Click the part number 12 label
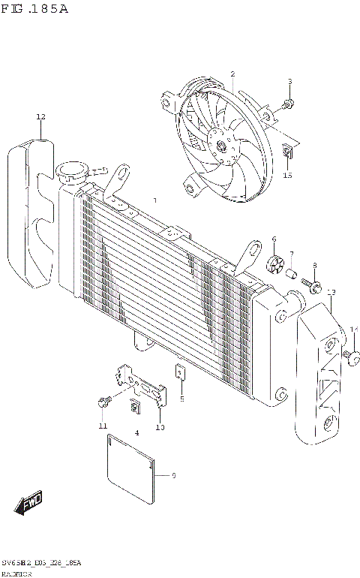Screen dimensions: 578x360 pyautogui.click(x=40, y=117)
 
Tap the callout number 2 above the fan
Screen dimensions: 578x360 pyautogui.click(x=232, y=74)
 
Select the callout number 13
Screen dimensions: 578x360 pyautogui.click(x=331, y=292)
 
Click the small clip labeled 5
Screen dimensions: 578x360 pyautogui.click(x=181, y=371)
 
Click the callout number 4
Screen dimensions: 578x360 pyautogui.click(x=136, y=433)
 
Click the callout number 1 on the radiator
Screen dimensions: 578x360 pyautogui.click(x=154, y=201)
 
